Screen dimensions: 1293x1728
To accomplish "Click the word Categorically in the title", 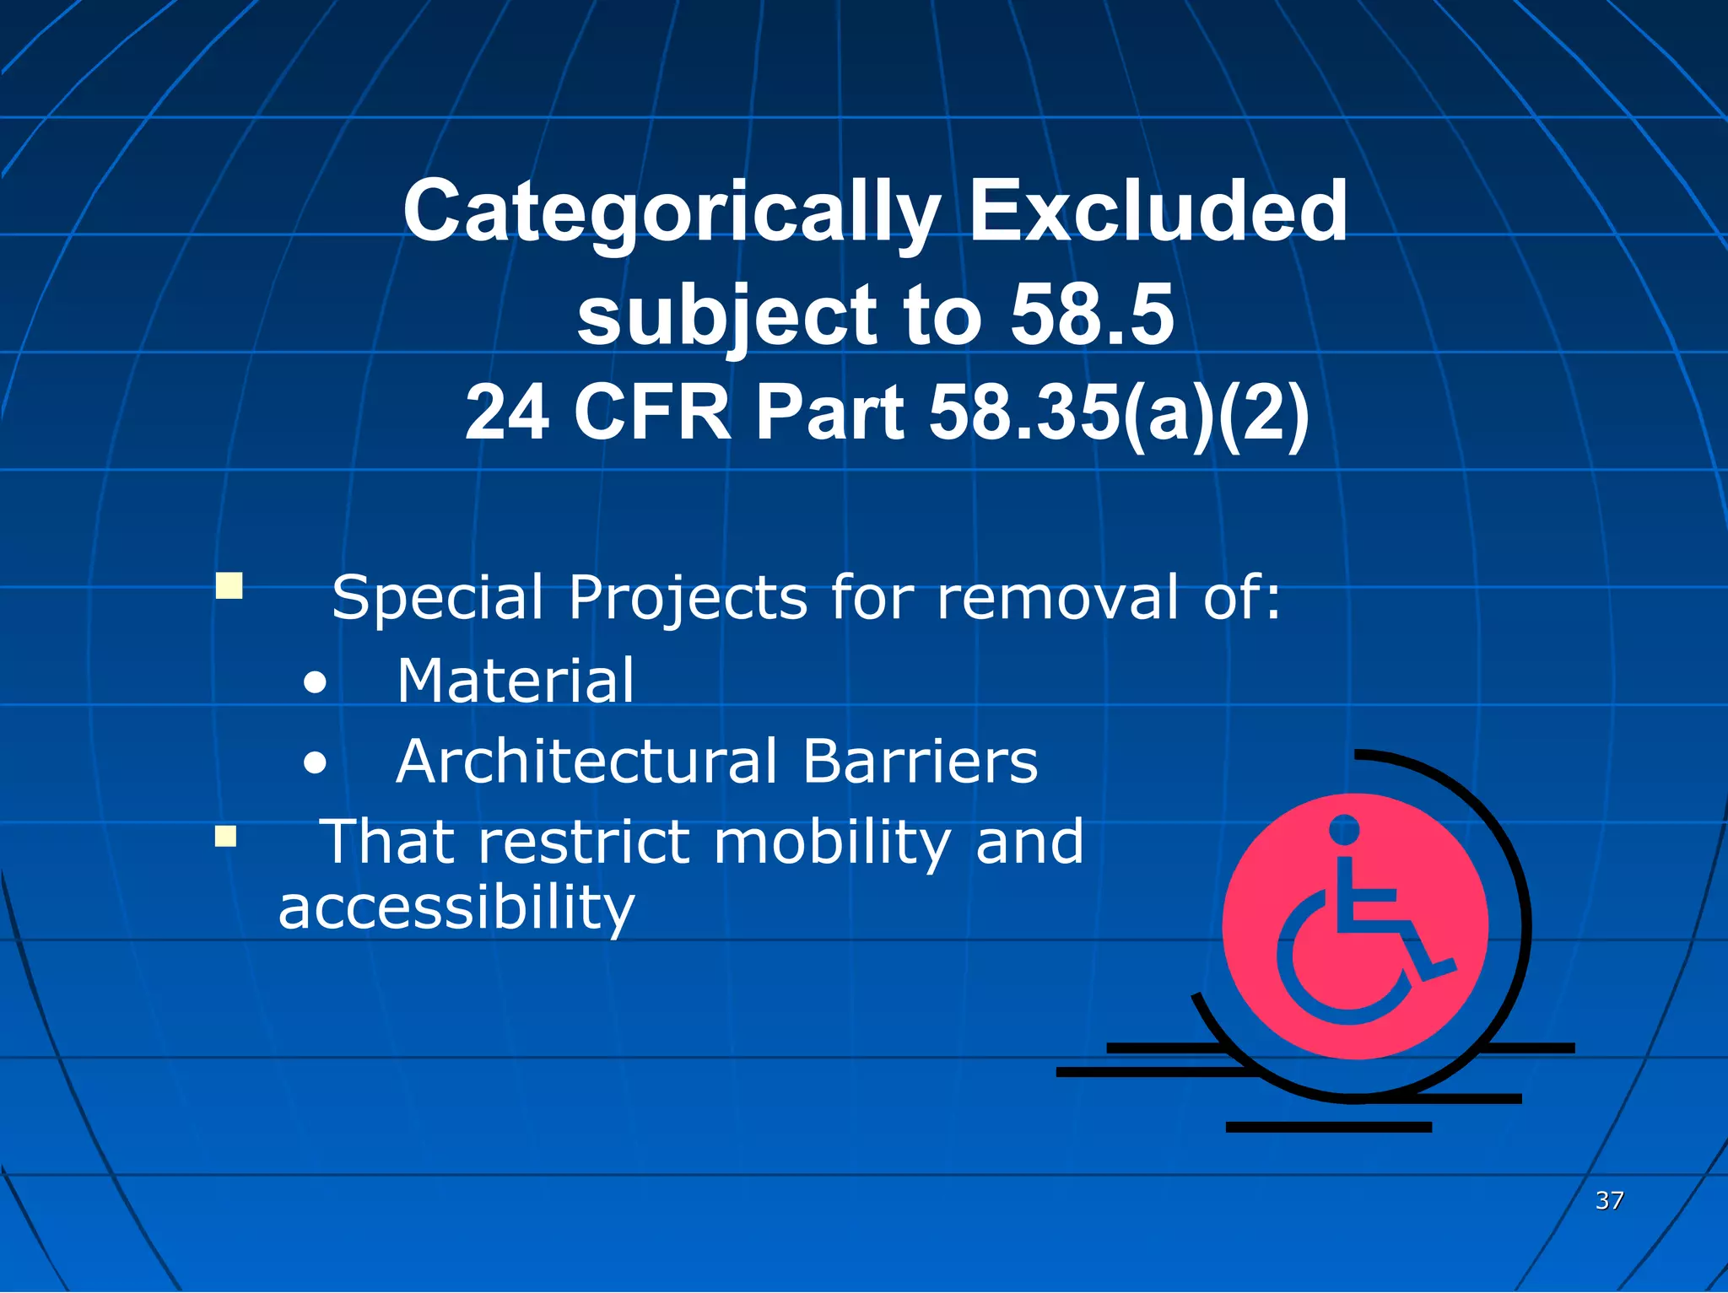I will point(672,213).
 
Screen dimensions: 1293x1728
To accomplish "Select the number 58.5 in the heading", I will point(1092,315).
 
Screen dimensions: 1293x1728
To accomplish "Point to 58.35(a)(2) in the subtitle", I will point(1119,413).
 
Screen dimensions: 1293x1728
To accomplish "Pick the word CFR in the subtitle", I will point(652,413).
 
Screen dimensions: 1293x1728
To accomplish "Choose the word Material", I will point(516,681).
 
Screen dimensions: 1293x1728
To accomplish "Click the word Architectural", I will point(587,762).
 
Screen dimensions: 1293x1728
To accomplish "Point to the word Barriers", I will point(920,762).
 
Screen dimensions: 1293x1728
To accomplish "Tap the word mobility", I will point(832,843).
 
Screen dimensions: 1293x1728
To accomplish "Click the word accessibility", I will point(456,909).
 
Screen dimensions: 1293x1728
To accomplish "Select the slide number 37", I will point(1609,1200).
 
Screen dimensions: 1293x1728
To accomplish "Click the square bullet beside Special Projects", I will point(229,585).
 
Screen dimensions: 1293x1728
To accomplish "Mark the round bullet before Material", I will point(315,683).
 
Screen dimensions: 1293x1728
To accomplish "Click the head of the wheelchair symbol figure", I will point(1344,829).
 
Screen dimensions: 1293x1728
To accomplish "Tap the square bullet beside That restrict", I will point(225,836).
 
